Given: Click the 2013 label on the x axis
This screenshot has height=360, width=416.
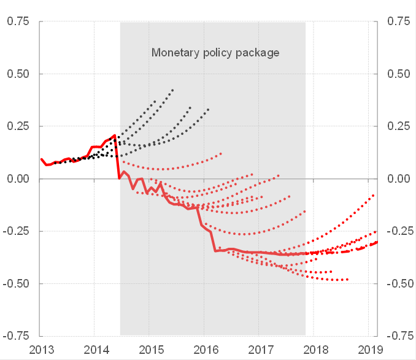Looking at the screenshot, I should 40,350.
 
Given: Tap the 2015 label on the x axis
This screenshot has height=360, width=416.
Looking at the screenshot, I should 150,350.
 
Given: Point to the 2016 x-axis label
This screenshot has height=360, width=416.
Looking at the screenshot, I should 205,350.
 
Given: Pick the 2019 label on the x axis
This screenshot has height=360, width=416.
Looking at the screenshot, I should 370,350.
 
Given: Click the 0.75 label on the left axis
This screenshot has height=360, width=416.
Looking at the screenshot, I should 18,21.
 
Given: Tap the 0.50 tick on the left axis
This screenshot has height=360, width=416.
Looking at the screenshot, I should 18,74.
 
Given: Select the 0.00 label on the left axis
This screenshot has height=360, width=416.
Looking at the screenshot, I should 18,179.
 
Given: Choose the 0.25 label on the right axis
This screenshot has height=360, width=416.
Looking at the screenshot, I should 399,126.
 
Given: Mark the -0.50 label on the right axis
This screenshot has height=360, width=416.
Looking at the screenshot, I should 398,284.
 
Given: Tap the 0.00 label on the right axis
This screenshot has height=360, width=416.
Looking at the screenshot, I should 399,179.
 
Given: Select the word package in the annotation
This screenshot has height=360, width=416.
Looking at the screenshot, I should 259,53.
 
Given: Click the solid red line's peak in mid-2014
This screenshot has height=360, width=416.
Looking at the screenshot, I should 115,135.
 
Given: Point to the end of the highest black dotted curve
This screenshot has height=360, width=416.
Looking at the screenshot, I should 173,90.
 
